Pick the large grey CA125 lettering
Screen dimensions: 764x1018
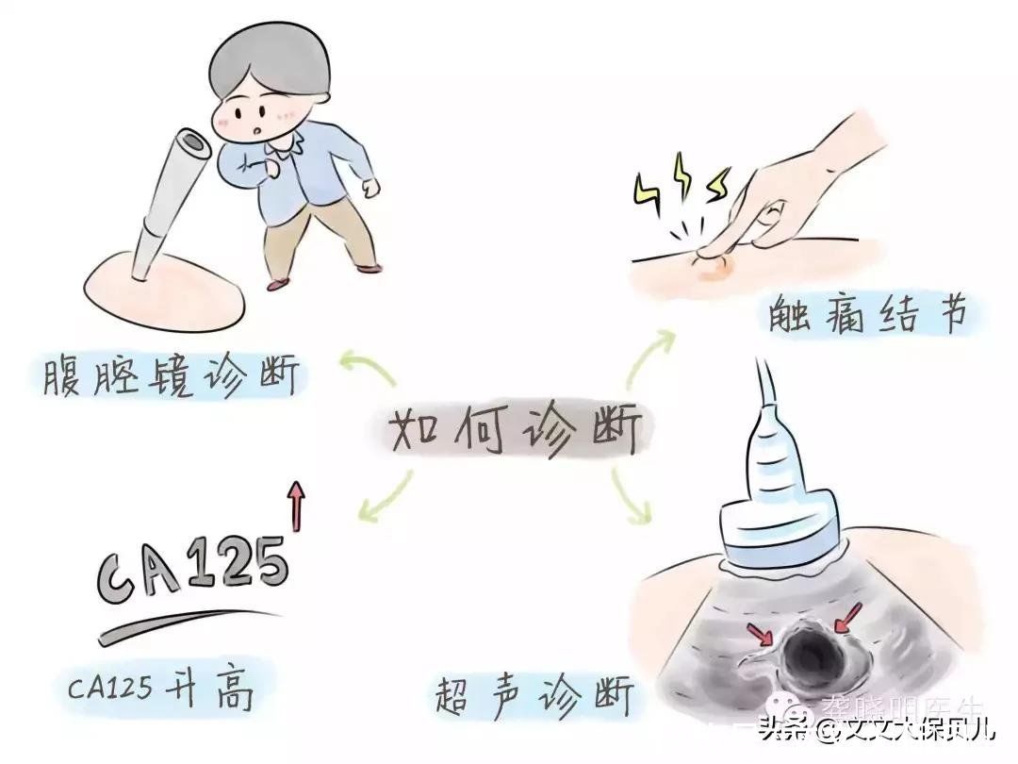pos(193,571)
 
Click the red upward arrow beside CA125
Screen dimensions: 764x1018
pos(298,505)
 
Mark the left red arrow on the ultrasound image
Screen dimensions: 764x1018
pos(759,629)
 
